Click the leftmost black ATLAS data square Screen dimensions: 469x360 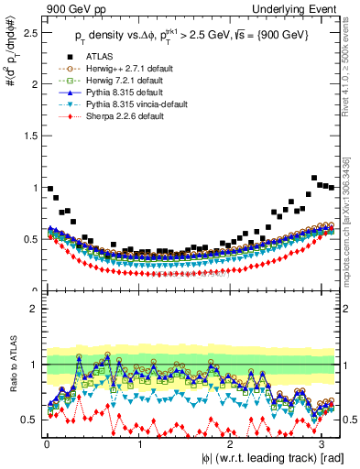point(49,188)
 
